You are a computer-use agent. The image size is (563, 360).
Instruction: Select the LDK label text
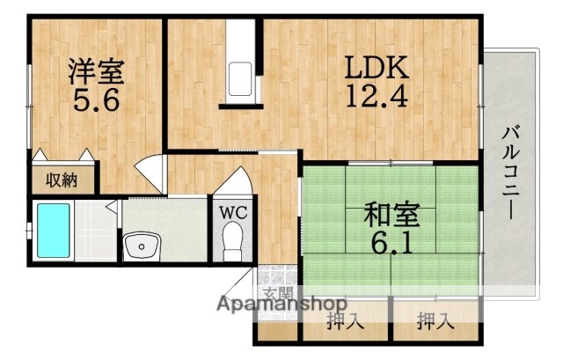tap(373, 69)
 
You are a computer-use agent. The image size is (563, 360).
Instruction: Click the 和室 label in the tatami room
tap(387, 214)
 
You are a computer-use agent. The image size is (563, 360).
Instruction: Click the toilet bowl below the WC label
tap(232, 242)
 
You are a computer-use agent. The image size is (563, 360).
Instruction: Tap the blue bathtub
tap(54, 231)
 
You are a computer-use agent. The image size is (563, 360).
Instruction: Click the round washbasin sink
tap(139, 246)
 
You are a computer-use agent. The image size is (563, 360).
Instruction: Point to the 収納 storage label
tap(61, 180)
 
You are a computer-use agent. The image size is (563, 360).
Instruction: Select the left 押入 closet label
tap(345, 321)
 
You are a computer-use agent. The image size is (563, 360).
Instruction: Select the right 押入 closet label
tap(435, 321)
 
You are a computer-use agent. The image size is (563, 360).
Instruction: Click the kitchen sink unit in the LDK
tap(240, 81)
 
